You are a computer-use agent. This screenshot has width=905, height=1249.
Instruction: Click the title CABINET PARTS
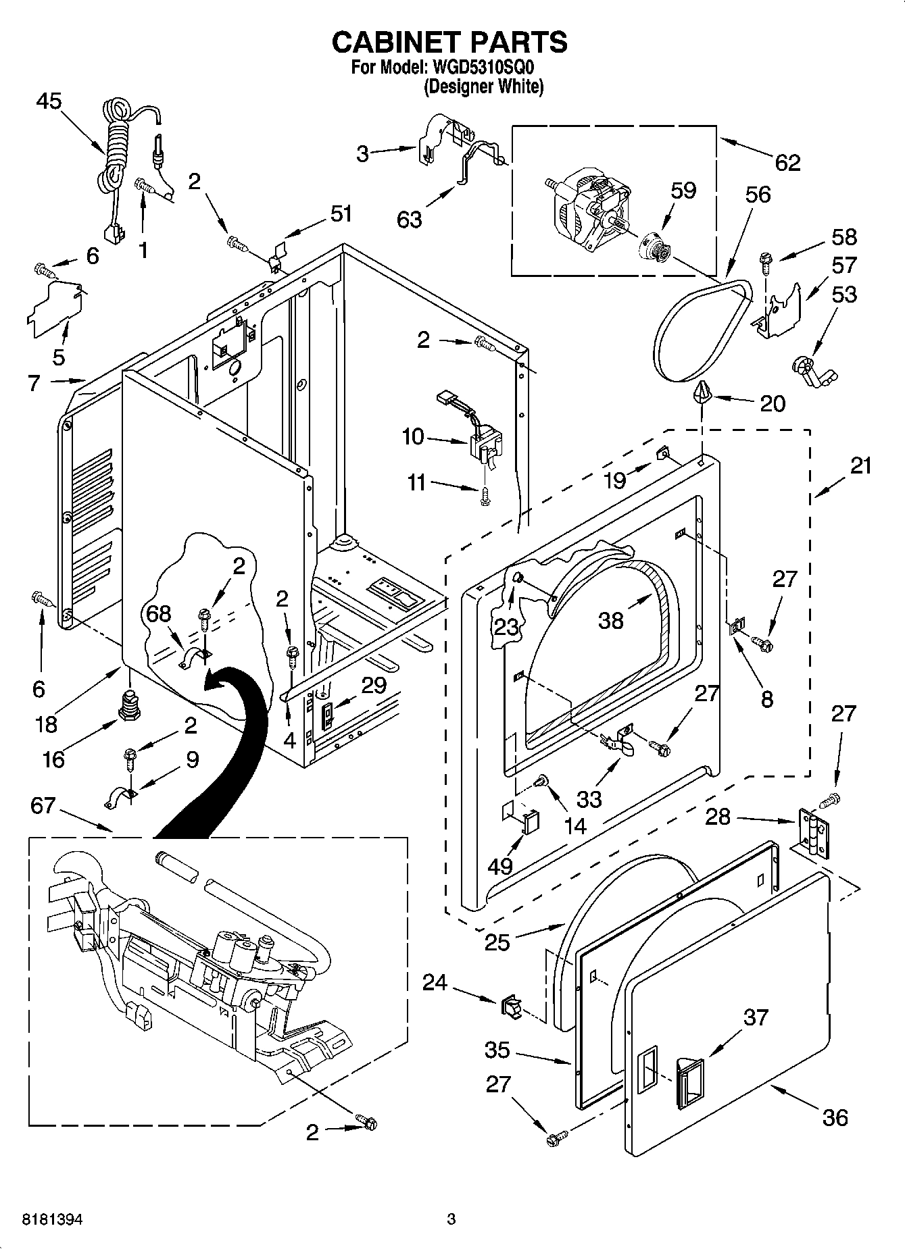(x=449, y=42)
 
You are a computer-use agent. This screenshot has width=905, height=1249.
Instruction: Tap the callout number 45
(x=49, y=102)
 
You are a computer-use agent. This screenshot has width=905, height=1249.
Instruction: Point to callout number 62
(x=787, y=163)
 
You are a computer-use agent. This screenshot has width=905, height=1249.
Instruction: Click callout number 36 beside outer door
(x=835, y=1117)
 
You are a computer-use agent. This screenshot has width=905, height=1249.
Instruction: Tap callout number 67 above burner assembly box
(x=43, y=806)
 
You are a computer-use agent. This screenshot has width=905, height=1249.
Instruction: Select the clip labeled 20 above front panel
(x=703, y=391)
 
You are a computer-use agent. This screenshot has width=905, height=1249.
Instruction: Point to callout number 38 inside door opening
(x=610, y=620)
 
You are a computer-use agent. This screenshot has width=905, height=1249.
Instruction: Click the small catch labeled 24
(x=511, y=1009)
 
